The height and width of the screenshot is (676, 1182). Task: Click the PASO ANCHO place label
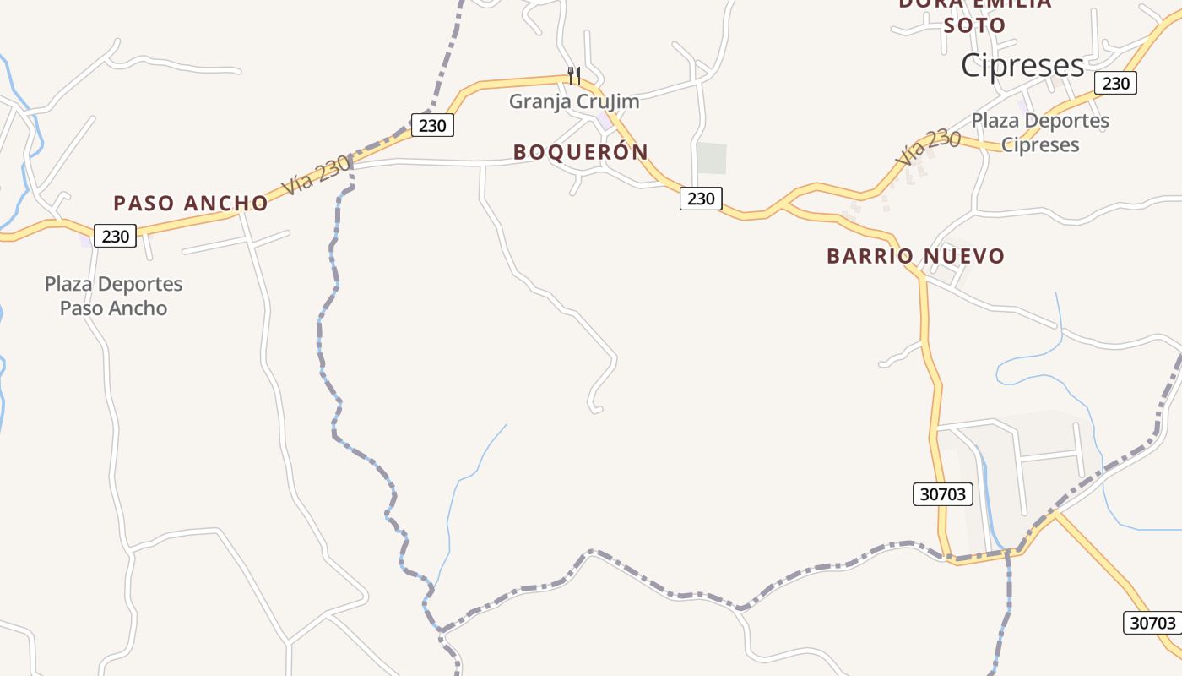(x=190, y=203)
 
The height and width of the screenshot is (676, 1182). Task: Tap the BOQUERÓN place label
(x=581, y=152)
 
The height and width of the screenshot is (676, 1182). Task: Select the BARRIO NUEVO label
(x=915, y=256)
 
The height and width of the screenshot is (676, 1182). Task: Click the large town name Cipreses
(x=1022, y=65)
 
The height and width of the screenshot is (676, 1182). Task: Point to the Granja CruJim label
(x=574, y=102)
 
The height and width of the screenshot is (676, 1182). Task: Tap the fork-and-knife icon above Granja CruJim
(x=573, y=75)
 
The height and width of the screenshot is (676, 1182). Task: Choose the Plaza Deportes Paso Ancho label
(x=113, y=296)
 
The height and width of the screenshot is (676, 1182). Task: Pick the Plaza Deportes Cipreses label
(x=1040, y=133)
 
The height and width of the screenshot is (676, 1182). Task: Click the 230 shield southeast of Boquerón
(x=701, y=199)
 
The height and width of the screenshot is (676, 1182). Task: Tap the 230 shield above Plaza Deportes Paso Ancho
(x=115, y=236)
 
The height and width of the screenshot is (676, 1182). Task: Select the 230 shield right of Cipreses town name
(x=1115, y=83)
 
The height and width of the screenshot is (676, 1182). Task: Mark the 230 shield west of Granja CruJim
(x=432, y=125)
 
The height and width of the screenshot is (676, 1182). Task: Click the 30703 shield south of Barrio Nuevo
(x=942, y=493)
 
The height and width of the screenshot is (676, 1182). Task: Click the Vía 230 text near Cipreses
(x=928, y=147)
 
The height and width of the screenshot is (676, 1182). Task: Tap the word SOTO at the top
(x=974, y=25)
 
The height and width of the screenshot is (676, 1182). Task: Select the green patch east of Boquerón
(x=711, y=158)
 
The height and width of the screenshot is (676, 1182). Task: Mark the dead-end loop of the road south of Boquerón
(x=595, y=409)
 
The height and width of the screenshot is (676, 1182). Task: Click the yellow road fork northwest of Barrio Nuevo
(x=783, y=204)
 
